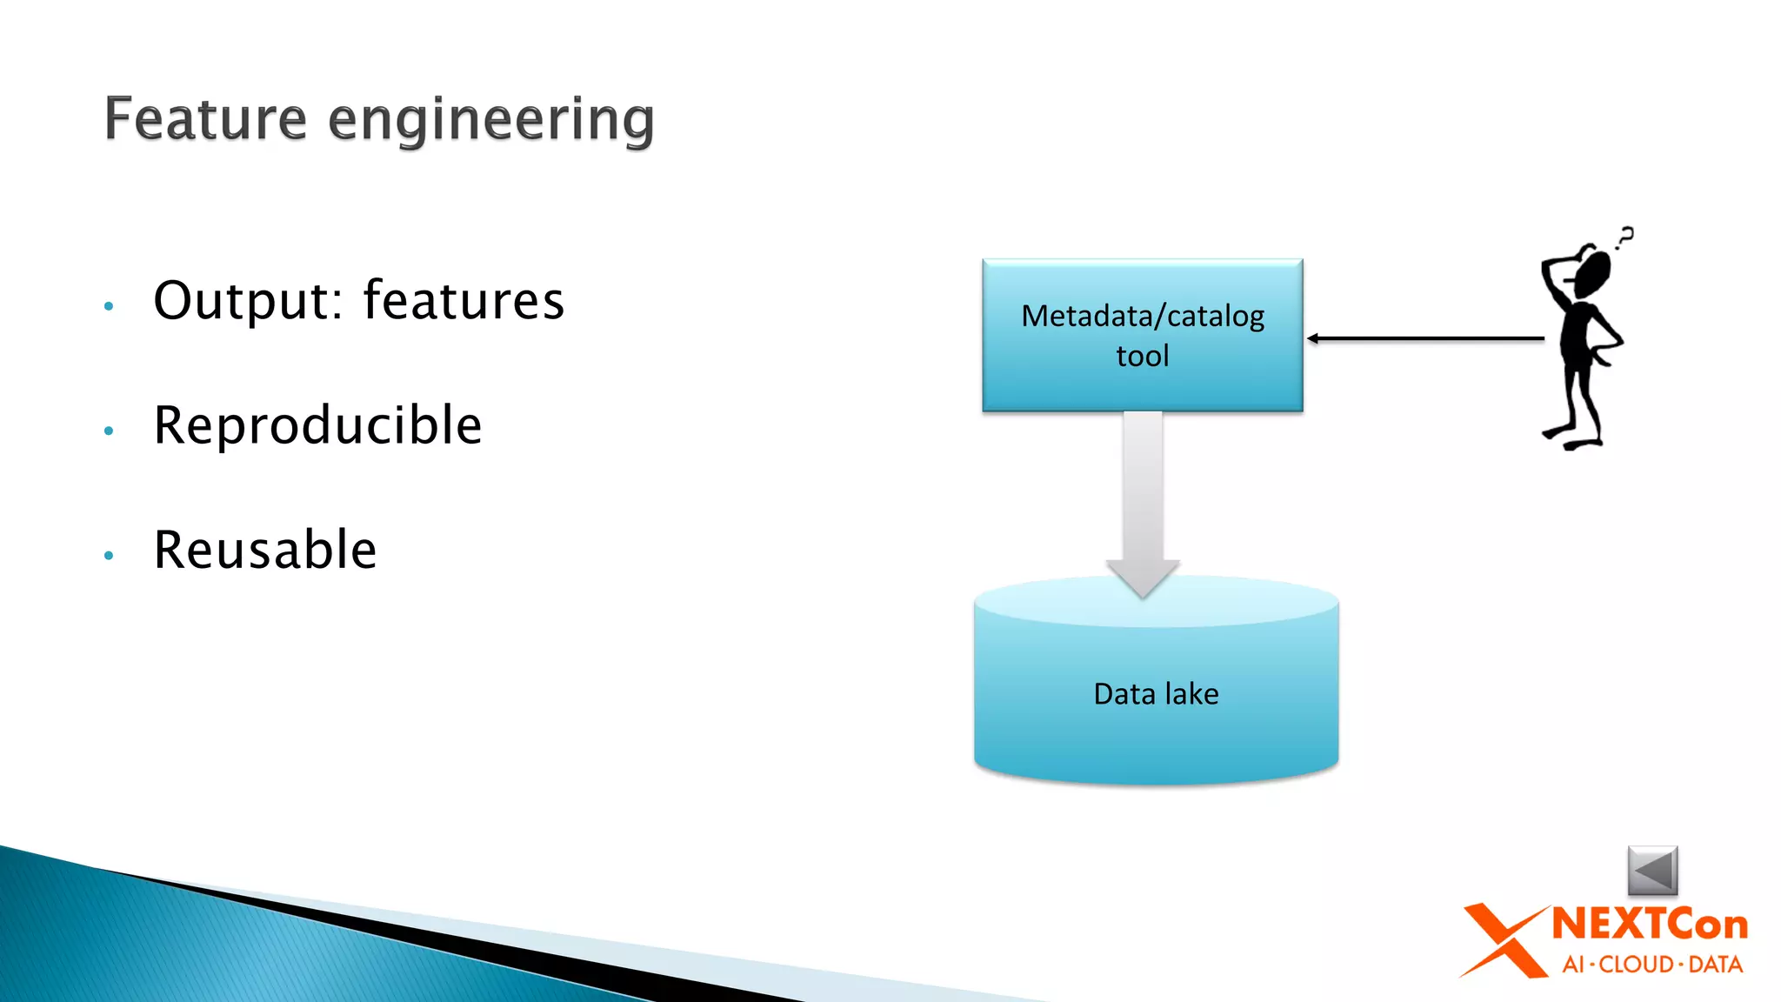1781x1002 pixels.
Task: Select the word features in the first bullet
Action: [464, 301]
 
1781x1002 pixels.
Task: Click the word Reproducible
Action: [317, 425]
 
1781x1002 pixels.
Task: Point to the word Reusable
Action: [265, 550]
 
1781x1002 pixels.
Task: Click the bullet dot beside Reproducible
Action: [109, 431]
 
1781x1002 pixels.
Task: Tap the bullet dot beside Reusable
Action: [109, 555]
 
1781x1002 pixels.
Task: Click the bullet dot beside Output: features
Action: [109, 306]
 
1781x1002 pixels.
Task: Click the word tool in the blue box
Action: [1142, 356]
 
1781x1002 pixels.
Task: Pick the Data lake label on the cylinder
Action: [1156, 694]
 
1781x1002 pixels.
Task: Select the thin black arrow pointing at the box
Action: [1426, 338]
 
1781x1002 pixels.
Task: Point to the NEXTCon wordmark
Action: [1650, 924]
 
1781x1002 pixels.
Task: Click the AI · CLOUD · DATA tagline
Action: [1652, 965]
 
